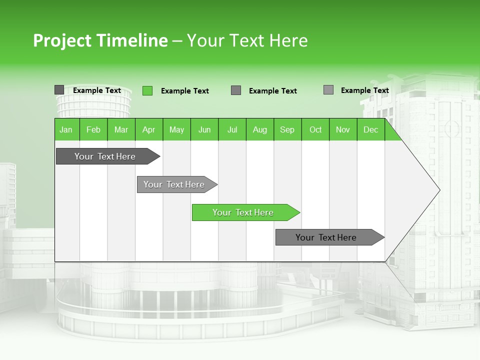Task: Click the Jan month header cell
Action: [x=66, y=129]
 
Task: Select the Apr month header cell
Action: [x=149, y=129]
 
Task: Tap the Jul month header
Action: [x=232, y=129]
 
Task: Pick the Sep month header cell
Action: [x=287, y=129]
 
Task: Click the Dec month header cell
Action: [x=370, y=129]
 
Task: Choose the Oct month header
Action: [x=315, y=129]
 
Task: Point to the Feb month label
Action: [x=93, y=129]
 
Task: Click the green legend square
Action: [x=147, y=90]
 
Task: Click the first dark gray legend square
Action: [x=59, y=90]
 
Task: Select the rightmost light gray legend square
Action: [x=328, y=90]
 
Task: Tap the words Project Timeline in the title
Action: [x=100, y=40]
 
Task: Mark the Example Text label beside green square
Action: [x=185, y=91]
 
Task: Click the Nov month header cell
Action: [x=343, y=129]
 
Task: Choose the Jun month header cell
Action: [x=204, y=129]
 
